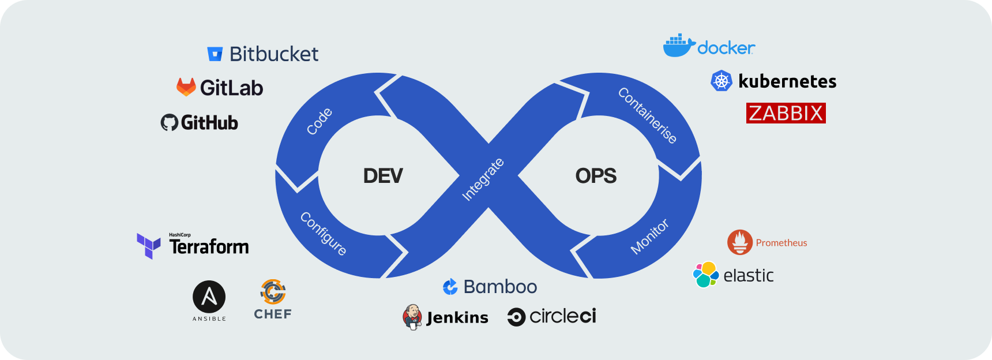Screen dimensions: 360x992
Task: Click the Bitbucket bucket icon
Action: [215, 54]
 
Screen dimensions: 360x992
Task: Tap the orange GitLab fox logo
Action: [186, 87]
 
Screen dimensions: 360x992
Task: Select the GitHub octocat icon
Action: [169, 122]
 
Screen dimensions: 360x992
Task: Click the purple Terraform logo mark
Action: [148, 246]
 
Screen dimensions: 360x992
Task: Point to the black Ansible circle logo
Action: [209, 297]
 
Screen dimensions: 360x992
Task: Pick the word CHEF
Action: [273, 314]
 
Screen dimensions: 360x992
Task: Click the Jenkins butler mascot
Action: [412, 317]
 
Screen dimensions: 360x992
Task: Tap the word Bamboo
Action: [500, 287]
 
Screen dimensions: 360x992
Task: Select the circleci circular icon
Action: [516, 317]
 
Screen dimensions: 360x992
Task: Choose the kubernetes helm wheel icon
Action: [721, 81]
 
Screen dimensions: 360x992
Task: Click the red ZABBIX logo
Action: [786, 113]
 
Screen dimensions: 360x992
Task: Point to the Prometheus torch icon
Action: [739, 242]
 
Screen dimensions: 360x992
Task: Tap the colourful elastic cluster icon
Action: [705, 275]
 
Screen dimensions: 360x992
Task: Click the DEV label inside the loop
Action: [383, 176]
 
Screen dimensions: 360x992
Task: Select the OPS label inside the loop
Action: [596, 176]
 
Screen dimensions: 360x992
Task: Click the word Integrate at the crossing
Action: [483, 179]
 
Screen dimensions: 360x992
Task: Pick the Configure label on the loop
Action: [324, 234]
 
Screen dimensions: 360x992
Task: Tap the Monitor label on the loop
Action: [649, 237]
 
